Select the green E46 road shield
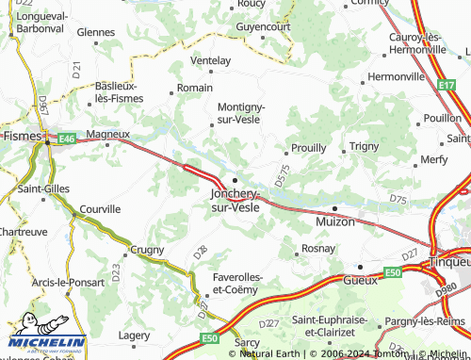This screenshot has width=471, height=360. [66, 139]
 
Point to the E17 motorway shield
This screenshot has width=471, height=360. [447, 85]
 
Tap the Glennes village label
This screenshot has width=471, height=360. [95, 31]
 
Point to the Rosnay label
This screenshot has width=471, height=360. [317, 249]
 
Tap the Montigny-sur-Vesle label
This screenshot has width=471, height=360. [241, 113]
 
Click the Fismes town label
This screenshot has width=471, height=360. [19, 136]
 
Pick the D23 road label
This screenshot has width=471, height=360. [116, 273]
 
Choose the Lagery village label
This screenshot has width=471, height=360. [134, 335]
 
